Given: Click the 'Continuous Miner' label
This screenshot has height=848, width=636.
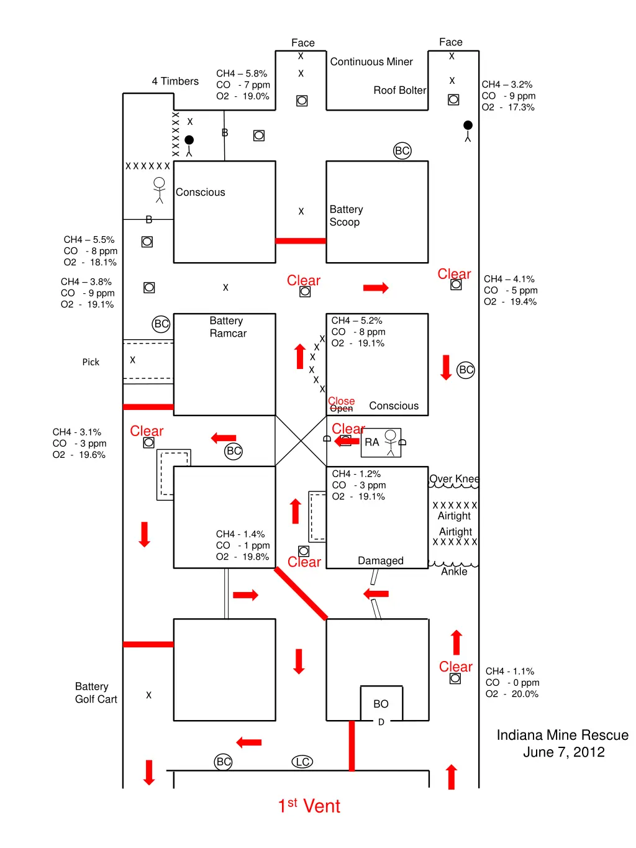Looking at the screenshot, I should tap(371, 62).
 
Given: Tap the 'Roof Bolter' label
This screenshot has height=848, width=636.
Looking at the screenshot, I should tap(399, 91).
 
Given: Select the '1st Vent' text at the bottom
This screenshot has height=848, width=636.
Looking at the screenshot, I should tap(309, 806).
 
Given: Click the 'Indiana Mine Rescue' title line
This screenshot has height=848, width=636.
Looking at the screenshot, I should tap(562, 736).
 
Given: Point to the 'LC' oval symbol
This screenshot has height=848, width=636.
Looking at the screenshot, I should tap(302, 762).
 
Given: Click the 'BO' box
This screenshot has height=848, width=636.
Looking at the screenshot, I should tap(381, 704).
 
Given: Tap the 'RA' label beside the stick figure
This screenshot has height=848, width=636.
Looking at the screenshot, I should tap(371, 442).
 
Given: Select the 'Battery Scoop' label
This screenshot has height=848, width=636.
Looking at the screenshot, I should tap(346, 216).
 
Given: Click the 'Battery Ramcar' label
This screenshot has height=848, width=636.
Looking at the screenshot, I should tap(227, 327).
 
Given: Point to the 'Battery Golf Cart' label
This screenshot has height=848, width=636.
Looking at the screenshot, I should tap(96, 693).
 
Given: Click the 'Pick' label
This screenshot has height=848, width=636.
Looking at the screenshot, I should tap(91, 362).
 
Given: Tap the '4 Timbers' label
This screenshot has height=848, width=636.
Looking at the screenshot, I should tap(175, 81).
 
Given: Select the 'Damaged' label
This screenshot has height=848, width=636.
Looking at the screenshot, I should tap(381, 561).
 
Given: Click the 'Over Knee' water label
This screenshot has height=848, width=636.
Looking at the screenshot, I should tap(454, 479).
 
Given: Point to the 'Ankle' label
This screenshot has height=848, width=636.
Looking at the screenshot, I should tap(454, 572).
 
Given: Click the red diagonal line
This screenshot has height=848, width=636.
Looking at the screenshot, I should tap(301, 594).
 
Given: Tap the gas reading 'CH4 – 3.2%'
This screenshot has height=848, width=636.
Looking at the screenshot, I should tap(507, 84).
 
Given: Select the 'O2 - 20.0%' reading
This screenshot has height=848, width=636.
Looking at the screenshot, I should tap(512, 694).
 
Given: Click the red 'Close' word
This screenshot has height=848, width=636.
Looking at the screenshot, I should tap(342, 401).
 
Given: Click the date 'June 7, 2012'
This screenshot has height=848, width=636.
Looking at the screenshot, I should tap(563, 752).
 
